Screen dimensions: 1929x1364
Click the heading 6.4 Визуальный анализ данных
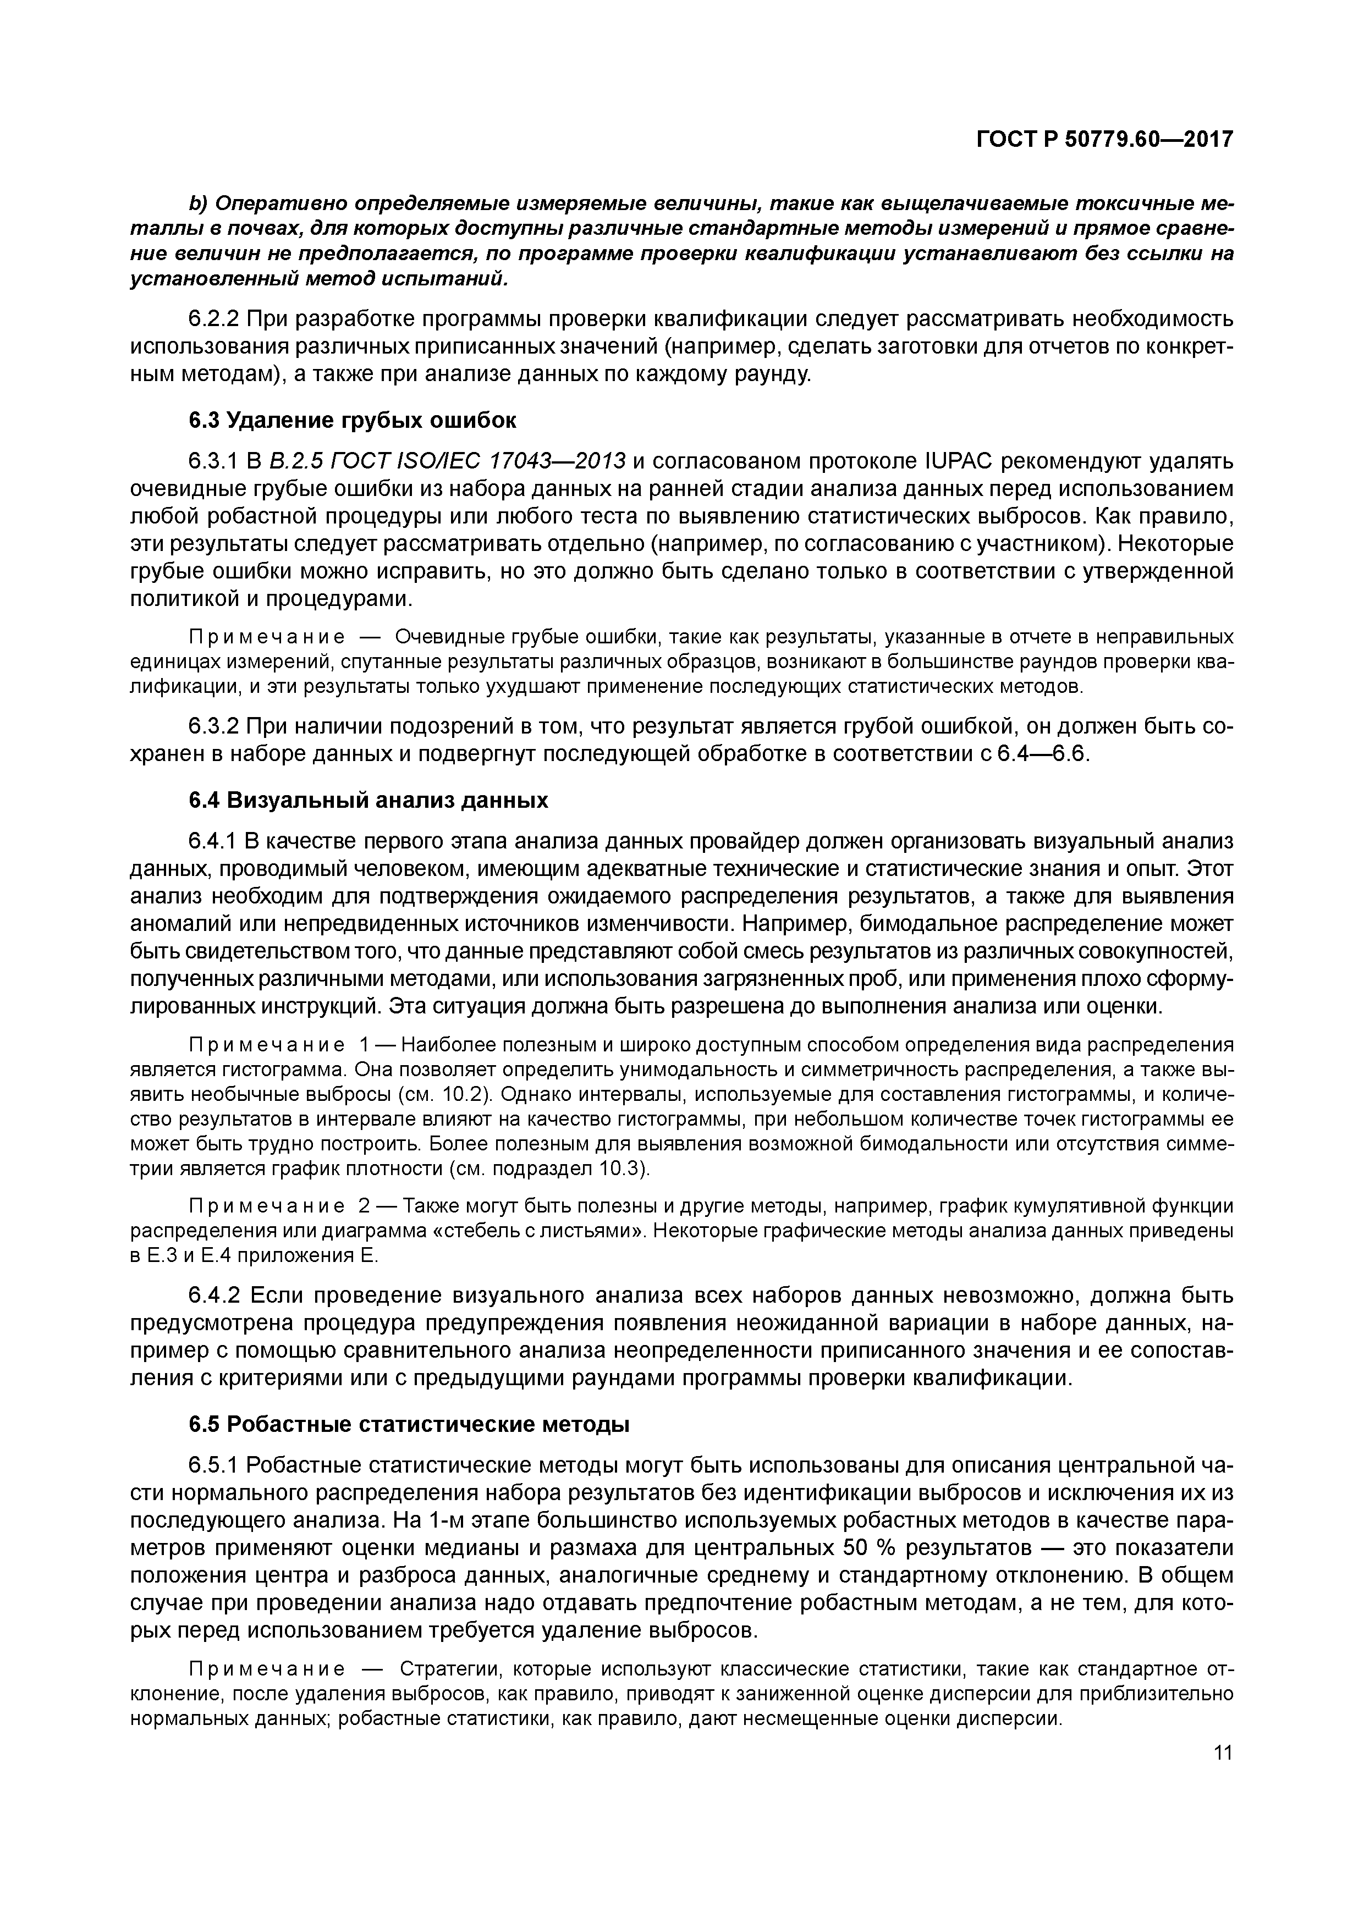[x=368, y=800]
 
